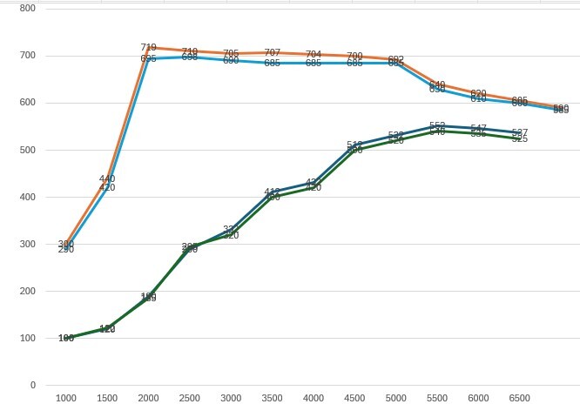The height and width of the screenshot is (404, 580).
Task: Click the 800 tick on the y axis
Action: (x=27, y=9)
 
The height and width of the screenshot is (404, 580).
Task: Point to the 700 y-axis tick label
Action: (x=27, y=56)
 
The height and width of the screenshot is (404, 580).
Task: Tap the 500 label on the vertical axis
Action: (x=27, y=150)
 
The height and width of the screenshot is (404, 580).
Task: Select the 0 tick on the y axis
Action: (x=32, y=385)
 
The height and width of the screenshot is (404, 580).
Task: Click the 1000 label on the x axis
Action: (x=66, y=398)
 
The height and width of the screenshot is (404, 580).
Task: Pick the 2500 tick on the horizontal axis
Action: (x=190, y=398)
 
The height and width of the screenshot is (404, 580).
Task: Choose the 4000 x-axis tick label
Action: (x=314, y=398)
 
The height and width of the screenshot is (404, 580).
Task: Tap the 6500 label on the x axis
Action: (x=520, y=398)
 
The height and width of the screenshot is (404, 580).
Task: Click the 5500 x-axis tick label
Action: (x=437, y=398)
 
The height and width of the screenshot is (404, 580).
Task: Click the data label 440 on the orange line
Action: (x=107, y=178)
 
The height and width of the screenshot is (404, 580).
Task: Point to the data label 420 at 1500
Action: (x=107, y=187)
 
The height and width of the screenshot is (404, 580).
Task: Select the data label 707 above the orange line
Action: (x=273, y=53)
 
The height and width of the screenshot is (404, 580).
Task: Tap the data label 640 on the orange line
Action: (x=437, y=84)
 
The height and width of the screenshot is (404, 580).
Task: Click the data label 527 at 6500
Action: (x=520, y=132)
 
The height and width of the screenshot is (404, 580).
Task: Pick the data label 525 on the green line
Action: (x=520, y=139)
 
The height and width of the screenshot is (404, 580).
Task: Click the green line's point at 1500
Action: (x=107, y=328)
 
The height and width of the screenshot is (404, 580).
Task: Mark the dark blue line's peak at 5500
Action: (x=437, y=125)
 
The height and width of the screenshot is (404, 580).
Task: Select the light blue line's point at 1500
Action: (x=107, y=187)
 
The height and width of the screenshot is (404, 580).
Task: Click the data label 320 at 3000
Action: (x=231, y=235)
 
